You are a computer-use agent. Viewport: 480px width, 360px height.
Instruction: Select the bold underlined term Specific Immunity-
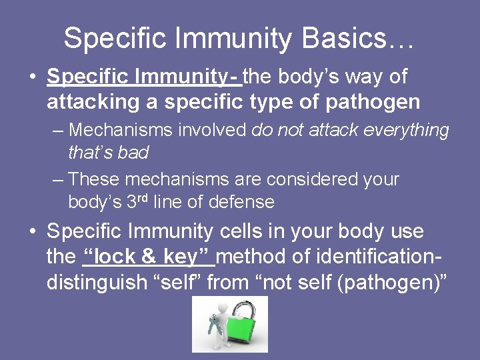(145, 77)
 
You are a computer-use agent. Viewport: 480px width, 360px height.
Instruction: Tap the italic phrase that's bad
(108, 152)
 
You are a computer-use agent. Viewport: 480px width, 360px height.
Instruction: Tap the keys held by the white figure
(214, 322)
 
